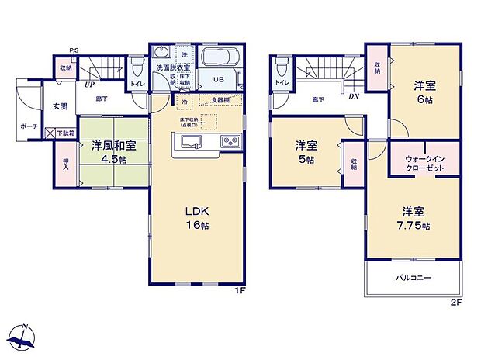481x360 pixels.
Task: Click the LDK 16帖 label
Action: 198,217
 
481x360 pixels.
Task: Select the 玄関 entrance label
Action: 60,106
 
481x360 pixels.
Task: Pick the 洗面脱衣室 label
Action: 171,68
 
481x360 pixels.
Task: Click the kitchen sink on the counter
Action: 190,141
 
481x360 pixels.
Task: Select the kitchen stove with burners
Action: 230,141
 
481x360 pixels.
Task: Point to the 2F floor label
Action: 457,301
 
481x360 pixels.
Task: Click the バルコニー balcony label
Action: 414,278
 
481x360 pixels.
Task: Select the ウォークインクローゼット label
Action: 424,162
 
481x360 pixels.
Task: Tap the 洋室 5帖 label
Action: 304,151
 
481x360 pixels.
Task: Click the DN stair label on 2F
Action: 353,96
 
